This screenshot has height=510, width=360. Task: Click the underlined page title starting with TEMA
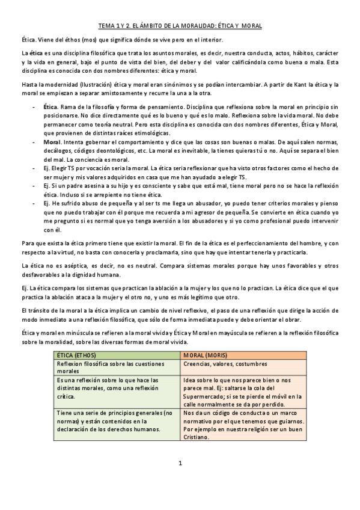[x=180, y=27]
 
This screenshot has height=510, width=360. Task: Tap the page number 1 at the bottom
[x=180, y=463]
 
